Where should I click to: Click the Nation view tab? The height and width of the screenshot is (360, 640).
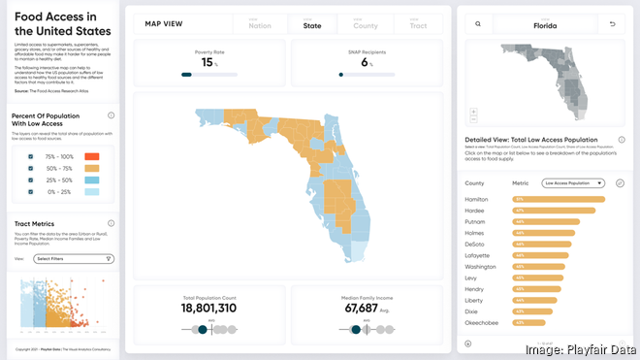(260, 23)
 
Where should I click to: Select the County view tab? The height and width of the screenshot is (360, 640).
(365, 23)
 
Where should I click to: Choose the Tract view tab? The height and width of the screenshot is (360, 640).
(417, 23)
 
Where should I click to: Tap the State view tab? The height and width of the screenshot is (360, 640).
(312, 23)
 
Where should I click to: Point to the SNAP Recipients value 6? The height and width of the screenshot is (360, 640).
(366, 62)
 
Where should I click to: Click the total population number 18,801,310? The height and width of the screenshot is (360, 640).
(209, 309)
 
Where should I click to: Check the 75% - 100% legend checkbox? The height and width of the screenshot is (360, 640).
(31, 155)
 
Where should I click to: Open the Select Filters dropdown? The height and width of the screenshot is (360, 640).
(74, 259)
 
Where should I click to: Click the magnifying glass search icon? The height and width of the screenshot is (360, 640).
(478, 23)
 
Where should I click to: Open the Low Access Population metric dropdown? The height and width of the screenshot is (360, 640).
(573, 182)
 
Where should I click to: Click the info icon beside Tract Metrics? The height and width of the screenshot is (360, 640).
(111, 223)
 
